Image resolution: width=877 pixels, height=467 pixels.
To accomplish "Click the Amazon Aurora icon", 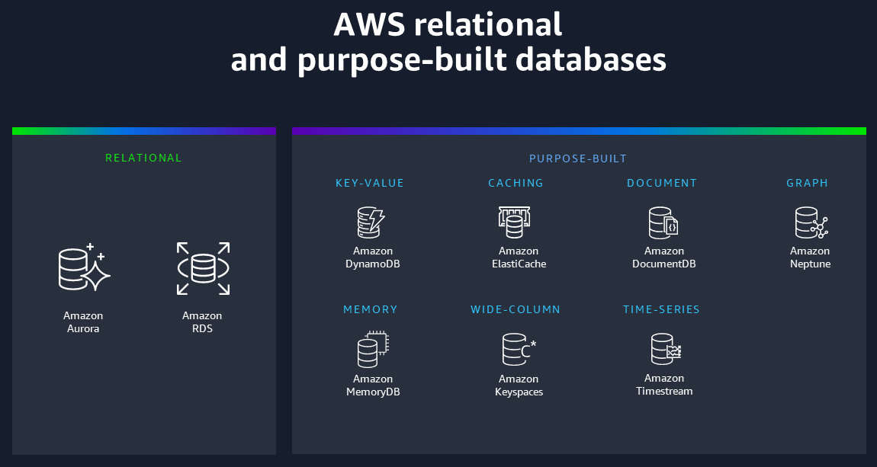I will click(84, 268).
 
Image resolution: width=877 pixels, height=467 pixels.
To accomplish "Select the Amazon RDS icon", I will click(203, 268).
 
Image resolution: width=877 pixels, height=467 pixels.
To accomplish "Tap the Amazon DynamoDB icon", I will click(371, 222).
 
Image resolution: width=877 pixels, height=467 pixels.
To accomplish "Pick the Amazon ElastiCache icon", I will click(512, 222).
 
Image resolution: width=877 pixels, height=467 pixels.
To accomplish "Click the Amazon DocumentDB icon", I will click(663, 222).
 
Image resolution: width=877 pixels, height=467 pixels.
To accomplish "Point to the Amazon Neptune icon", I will click(811, 222).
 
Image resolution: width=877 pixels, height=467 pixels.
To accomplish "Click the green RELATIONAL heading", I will click(143, 158).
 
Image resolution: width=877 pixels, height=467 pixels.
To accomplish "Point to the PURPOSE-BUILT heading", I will click(578, 158).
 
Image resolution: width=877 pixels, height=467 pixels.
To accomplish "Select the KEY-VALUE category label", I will click(370, 183).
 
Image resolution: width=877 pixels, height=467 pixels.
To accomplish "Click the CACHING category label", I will click(516, 183).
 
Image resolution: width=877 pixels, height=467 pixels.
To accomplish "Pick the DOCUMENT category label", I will click(662, 183).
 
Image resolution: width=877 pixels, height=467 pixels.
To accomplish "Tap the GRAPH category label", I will click(807, 183).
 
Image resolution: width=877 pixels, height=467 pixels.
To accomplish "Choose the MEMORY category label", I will click(371, 309).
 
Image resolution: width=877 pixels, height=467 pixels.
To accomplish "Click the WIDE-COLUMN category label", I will click(516, 309).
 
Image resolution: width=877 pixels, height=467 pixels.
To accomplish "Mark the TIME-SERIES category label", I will click(661, 309).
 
